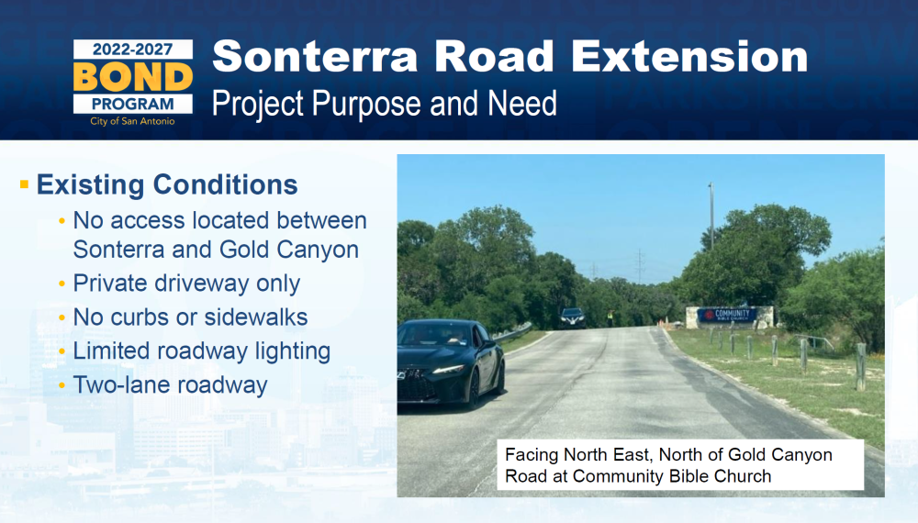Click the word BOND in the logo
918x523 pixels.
click(133, 77)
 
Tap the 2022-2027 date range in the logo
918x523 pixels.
click(133, 50)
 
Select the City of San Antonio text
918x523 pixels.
click(132, 121)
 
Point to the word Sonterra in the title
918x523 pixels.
click(315, 56)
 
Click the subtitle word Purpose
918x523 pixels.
click(366, 104)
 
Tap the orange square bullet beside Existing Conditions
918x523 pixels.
click(24, 184)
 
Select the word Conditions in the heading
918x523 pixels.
click(226, 184)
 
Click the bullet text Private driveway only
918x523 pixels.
click(186, 284)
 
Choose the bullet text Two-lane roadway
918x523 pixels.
click(170, 385)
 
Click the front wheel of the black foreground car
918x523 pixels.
click(474, 388)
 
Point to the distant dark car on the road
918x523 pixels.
click(573, 317)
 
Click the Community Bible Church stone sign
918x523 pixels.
click(730, 317)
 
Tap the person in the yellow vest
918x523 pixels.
click(610, 317)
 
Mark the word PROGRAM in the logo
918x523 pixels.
click(133, 104)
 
